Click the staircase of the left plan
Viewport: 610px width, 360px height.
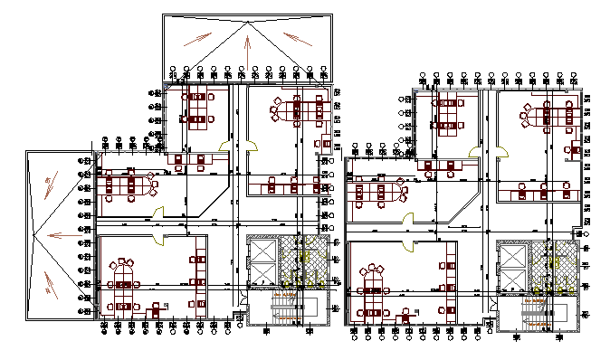pyautogui.click(x=288, y=310)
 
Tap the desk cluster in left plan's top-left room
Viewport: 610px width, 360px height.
pyautogui.click(x=197, y=107)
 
